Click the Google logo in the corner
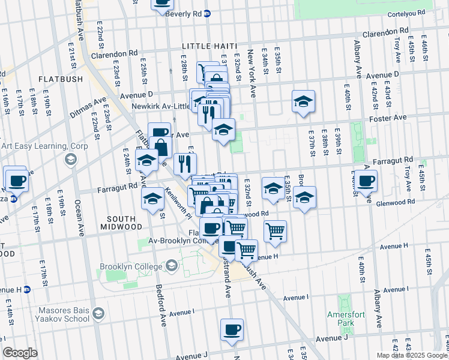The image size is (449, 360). [20, 353]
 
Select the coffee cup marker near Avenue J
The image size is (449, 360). [232, 329]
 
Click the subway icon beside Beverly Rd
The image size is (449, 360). [207, 13]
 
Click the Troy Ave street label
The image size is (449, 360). [397, 47]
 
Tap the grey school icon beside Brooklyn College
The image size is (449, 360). [171, 265]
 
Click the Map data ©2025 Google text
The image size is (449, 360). [412, 355]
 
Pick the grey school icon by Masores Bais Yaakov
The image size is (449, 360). [98, 314]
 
